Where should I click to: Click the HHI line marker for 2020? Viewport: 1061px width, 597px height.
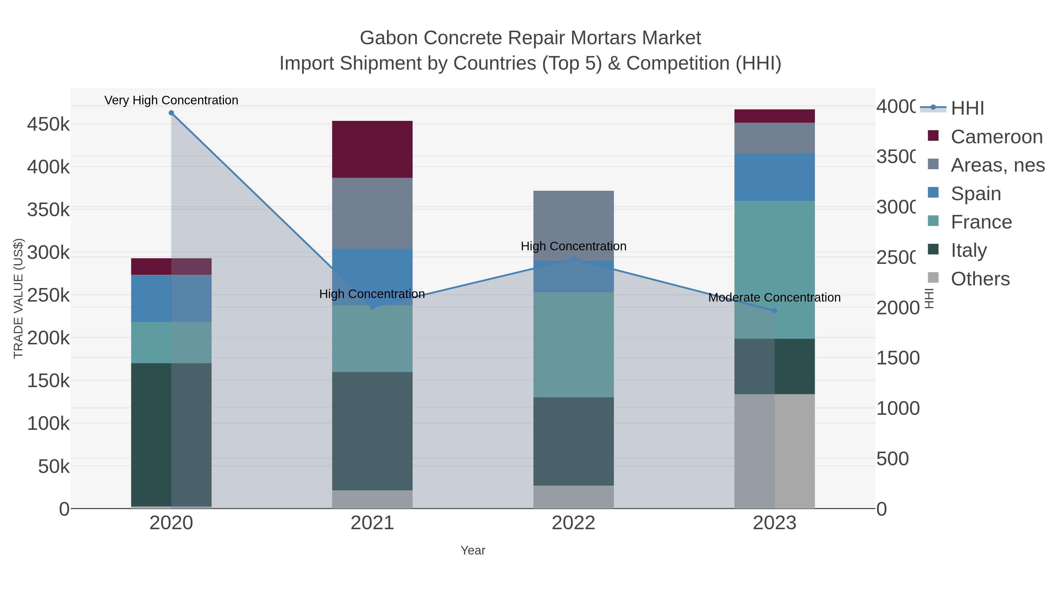(171, 113)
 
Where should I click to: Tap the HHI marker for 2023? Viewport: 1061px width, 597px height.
(774, 311)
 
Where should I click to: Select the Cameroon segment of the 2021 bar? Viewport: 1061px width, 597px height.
(372, 149)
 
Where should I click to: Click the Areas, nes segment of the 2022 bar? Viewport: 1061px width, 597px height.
(573, 225)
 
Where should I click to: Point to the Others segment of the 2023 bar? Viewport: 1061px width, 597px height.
(774, 451)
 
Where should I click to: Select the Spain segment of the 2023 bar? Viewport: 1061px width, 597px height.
(774, 177)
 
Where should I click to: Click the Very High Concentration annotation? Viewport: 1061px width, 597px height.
(171, 101)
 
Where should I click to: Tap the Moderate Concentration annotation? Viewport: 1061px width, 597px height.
(774, 297)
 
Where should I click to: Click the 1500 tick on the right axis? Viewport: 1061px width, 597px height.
(897, 358)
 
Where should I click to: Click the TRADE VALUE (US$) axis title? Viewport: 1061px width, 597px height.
(19, 298)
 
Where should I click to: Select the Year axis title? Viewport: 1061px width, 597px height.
(473, 550)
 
